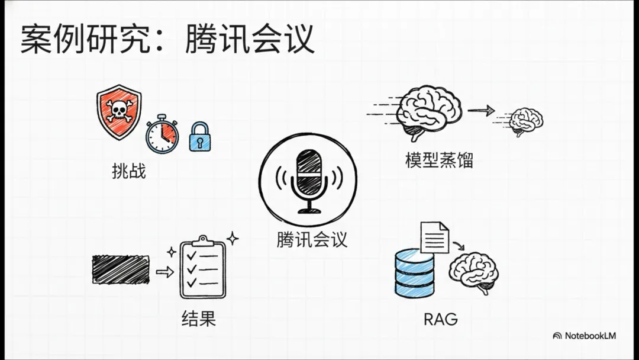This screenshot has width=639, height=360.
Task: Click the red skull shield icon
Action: [x=119, y=112]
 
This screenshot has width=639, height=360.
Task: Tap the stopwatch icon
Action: [x=162, y=136]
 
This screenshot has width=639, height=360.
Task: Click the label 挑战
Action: [x=128, y=172]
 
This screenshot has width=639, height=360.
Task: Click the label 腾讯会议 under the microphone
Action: [x=312, y=239]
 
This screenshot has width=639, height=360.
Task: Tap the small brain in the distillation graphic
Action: [x=525, y=121]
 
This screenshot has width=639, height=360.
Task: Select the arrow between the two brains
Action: [x=480, y=110]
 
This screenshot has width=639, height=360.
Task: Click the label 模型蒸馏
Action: [x=439, y=160]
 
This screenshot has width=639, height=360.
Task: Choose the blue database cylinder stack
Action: [x=414, y=272]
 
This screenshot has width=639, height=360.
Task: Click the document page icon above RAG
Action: [x=434, y=237]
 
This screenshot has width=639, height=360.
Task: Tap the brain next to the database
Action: [x=473, y=273]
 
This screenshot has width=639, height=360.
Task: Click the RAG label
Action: [x=440, y=319]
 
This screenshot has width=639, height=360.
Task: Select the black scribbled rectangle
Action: [x=121, y=269]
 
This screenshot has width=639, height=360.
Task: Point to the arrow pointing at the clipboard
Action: [x=164, y=272]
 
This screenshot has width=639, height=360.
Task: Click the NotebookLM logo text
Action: [x=589, y=336]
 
